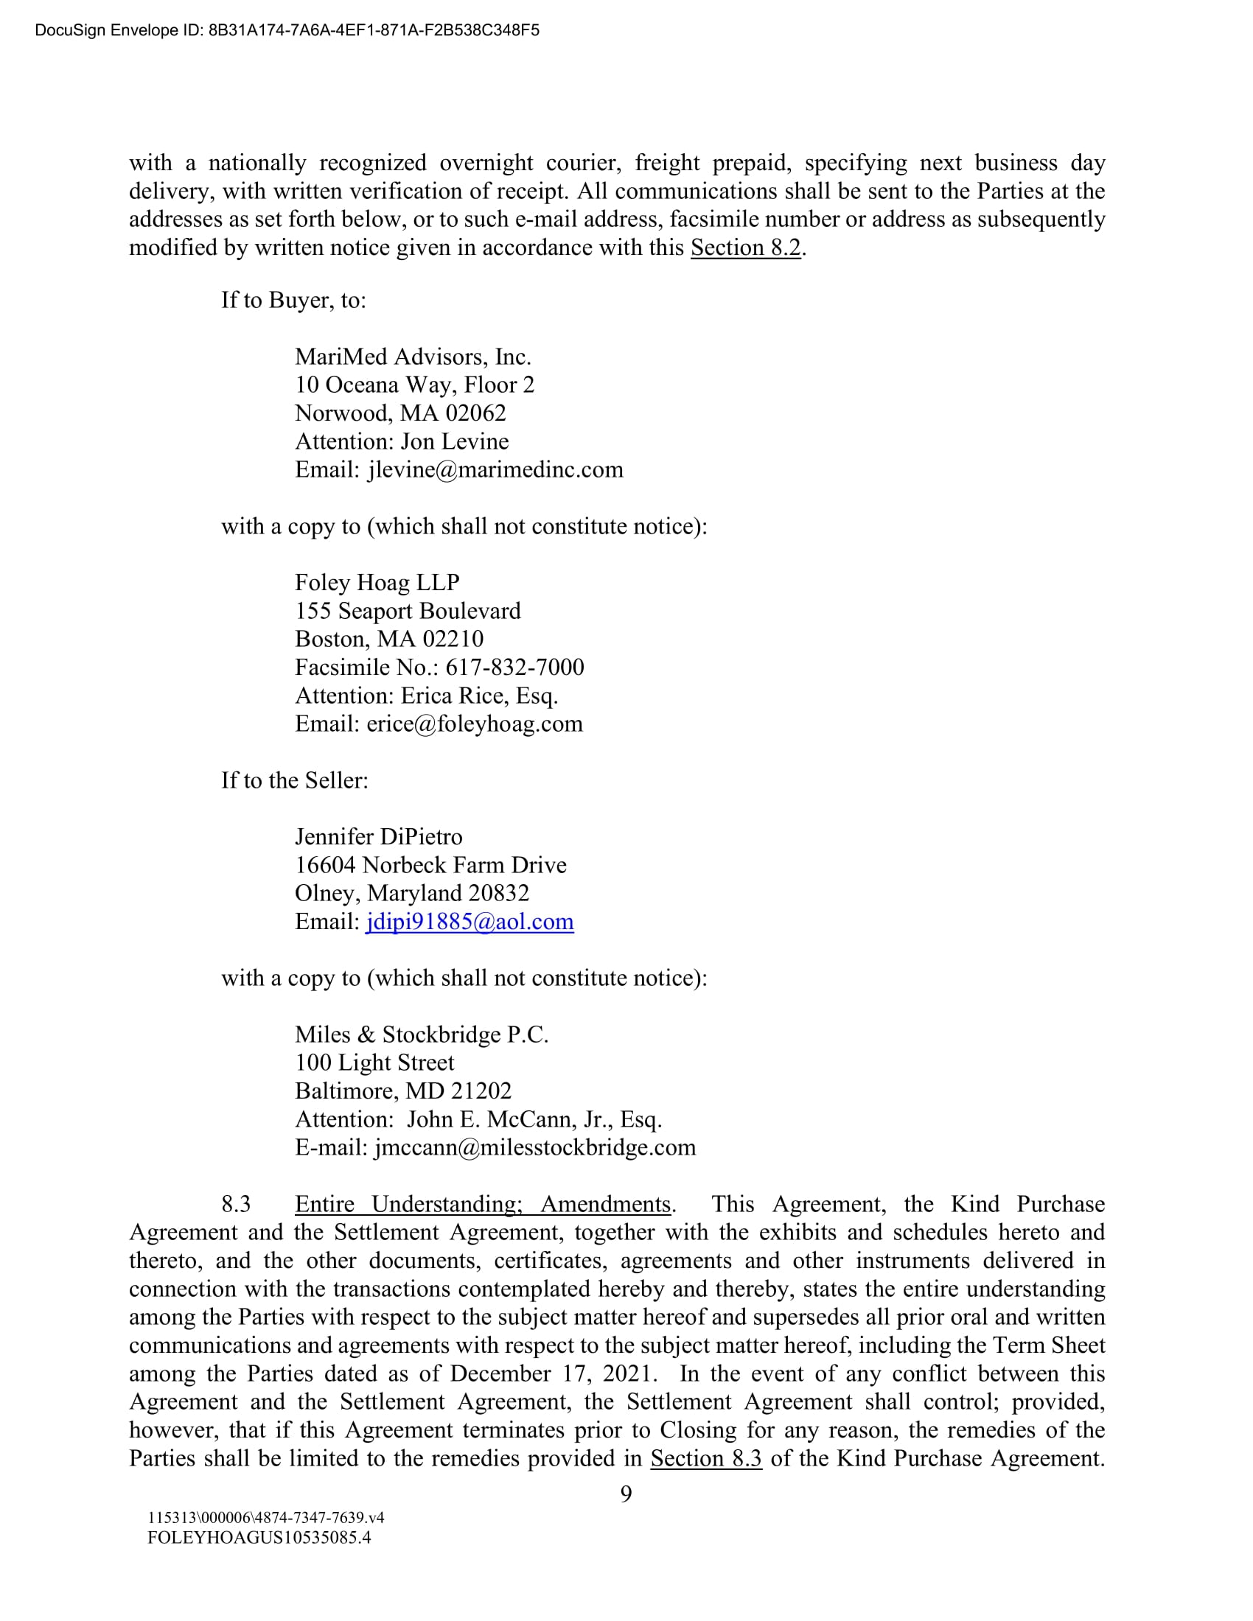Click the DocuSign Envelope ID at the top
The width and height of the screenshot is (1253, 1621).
287,30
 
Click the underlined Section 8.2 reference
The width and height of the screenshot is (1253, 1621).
745,247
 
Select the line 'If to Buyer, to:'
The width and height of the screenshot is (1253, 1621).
293,300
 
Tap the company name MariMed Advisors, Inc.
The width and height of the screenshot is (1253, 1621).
413,357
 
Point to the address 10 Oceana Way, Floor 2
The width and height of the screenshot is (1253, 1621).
414,385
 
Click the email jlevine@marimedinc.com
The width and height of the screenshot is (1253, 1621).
495,470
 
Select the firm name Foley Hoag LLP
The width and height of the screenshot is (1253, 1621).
377,583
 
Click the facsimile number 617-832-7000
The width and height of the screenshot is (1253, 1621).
514,668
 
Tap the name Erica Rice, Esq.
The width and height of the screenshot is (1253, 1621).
480,696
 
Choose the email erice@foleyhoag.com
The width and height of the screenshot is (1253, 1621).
475,724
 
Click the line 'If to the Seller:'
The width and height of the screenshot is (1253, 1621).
295,781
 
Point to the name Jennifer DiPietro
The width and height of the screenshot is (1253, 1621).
379,837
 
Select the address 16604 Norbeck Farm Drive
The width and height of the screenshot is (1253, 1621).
430,866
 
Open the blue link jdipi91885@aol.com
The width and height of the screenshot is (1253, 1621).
469,922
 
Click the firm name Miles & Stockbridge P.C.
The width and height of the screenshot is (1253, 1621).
422,1034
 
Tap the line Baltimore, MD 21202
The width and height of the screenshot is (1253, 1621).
403,1091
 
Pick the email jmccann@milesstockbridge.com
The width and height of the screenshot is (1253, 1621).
534,1147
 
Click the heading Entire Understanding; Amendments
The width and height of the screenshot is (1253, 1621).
483,1205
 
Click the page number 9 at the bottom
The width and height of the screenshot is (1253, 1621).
626,1494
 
